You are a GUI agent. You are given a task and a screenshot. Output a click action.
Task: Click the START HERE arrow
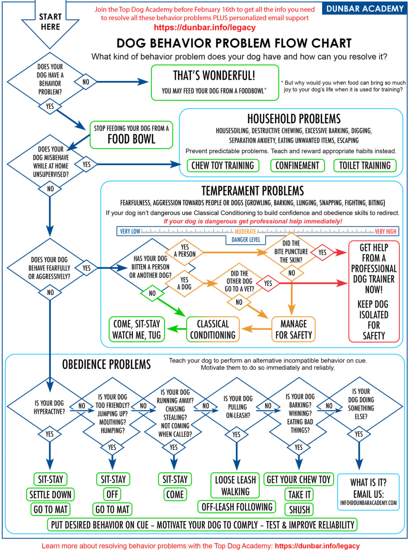(50, 22)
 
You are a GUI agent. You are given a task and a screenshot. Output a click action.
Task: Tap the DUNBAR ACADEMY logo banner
(365, 8)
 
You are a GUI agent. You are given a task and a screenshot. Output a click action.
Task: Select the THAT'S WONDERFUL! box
(215, 82)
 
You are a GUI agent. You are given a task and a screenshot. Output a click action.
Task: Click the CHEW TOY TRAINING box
(223, 166)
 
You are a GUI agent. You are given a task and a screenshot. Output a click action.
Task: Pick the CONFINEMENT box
(297, 166)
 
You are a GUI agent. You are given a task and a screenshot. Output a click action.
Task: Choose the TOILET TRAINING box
(365, 166)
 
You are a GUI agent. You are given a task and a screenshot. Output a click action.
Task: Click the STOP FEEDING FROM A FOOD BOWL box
(131, 135)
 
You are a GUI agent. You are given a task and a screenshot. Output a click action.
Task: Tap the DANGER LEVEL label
(246, 240)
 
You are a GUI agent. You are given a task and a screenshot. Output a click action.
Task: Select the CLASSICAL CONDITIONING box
(213, 329)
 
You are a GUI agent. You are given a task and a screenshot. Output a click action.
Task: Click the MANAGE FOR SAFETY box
(293, 329)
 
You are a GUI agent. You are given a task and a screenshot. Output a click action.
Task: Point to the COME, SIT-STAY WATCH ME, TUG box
(136, 329)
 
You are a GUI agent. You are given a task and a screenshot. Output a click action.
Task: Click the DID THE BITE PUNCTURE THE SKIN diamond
(291, 252)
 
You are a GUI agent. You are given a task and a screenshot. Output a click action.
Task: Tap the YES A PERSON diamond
(185, 251)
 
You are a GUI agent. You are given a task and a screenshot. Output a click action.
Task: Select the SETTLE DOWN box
(50, 495)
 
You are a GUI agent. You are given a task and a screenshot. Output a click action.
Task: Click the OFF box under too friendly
(112, 494)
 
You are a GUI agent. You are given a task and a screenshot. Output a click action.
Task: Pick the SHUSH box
(299, 510)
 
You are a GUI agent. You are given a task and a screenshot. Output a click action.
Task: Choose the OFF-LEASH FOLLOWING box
(237, 507)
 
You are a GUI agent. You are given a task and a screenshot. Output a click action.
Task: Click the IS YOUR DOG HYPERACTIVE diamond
(49, 407)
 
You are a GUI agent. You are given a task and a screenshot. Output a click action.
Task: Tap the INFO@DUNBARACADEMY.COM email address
(368, 503)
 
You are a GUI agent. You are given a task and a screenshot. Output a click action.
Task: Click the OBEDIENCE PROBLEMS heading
(107, 365)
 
